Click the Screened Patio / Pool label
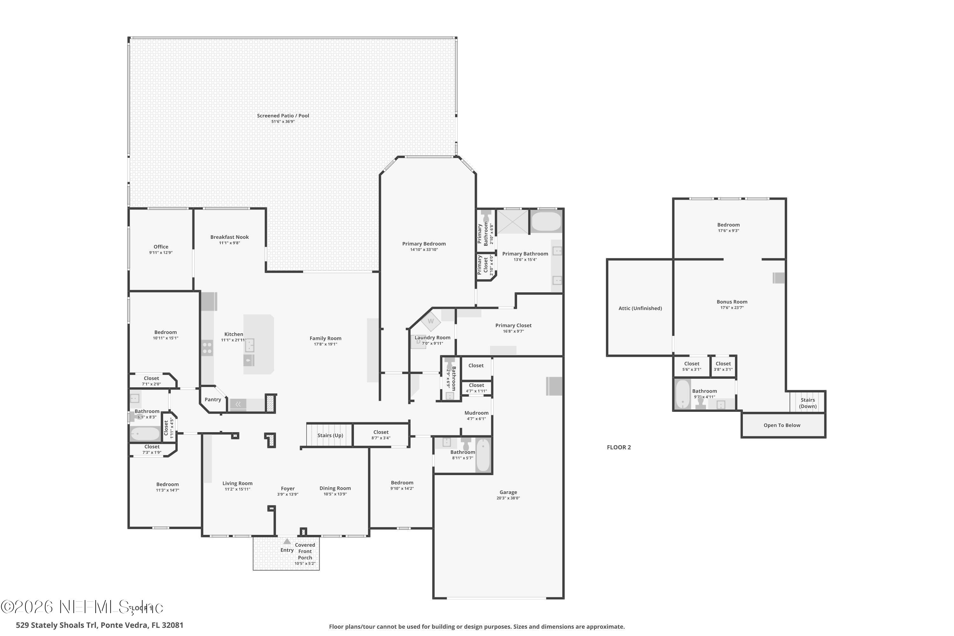[283, 116]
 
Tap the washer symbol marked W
[430, 321]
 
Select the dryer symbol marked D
[418, 342]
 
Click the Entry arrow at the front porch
[287, 541]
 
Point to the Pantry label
[212, 399]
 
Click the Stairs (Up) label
[330, 435]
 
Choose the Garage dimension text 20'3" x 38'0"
[508, 498]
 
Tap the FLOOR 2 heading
[619, 447]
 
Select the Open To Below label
[782, 425]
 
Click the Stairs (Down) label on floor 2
[808, 403]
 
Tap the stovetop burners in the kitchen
[207, 348]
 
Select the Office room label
[161, 247]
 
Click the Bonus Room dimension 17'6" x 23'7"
[732, 308]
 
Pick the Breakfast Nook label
[229, 237]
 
